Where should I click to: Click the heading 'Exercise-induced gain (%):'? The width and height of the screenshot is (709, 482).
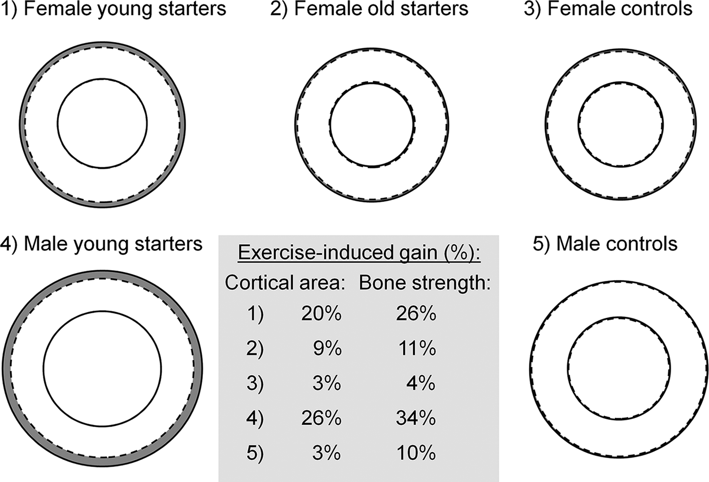(359, 253)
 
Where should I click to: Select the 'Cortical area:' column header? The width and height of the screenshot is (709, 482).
(285, 283)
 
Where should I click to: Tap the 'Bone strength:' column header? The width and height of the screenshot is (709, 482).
(424, 283)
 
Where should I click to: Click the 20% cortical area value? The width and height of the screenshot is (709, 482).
(321, 314)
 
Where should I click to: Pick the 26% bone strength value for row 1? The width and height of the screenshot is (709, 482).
(416, 314)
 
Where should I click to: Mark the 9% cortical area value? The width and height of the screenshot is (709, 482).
(327, 349)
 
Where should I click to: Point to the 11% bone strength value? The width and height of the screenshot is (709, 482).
(417, 349)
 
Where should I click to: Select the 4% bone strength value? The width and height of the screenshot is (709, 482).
(421, 383)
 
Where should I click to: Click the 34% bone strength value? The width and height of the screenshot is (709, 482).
(416, 418)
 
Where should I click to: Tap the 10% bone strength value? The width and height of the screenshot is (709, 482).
(416, 453)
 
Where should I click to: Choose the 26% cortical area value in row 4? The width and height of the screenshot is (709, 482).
(321, 418)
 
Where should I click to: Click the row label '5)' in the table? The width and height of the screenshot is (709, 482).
(255, 453)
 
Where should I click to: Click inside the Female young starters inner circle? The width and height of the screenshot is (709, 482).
(102, 123)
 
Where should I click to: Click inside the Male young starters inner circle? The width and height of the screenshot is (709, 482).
(102, 369)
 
